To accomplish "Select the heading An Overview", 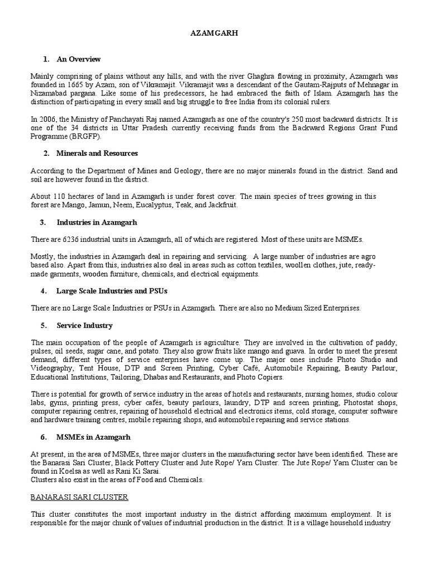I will click(78, 59).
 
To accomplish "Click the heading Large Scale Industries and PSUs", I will click(112, 291).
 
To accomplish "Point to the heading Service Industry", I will click(84, 325).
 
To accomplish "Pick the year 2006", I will click(49, 119).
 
